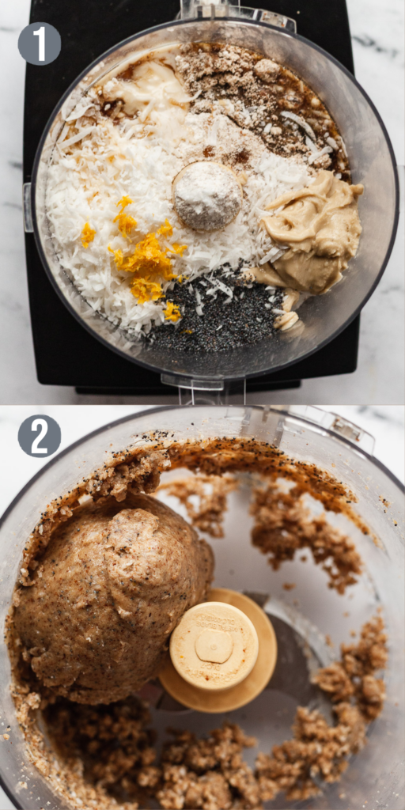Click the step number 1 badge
40,44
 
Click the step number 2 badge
40,436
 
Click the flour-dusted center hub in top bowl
206,195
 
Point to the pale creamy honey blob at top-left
146,91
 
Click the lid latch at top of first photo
237,12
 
